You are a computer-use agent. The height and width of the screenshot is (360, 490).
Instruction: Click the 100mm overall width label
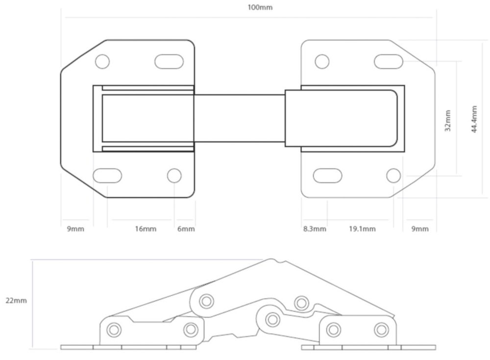(x=260, y=7)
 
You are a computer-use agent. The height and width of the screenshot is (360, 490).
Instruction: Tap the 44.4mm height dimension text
(x=474, y=119)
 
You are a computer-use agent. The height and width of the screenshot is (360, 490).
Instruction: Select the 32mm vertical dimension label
(x=447, y=121)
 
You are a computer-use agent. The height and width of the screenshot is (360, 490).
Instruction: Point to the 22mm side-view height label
(x=16, y=301)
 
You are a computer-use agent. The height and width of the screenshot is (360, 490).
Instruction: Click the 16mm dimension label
(x=146, y=229)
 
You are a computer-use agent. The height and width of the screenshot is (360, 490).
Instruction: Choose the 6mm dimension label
(x=186, y=229)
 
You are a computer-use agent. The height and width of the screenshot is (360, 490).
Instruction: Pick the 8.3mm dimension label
(x=315, y=229)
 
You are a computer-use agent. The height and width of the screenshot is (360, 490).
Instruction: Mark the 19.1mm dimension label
(x=362, y=229)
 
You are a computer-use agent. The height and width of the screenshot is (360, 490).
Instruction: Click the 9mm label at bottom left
(x=75, y=229)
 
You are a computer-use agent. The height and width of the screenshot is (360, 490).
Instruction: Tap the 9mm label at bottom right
(x=420, y=229)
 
